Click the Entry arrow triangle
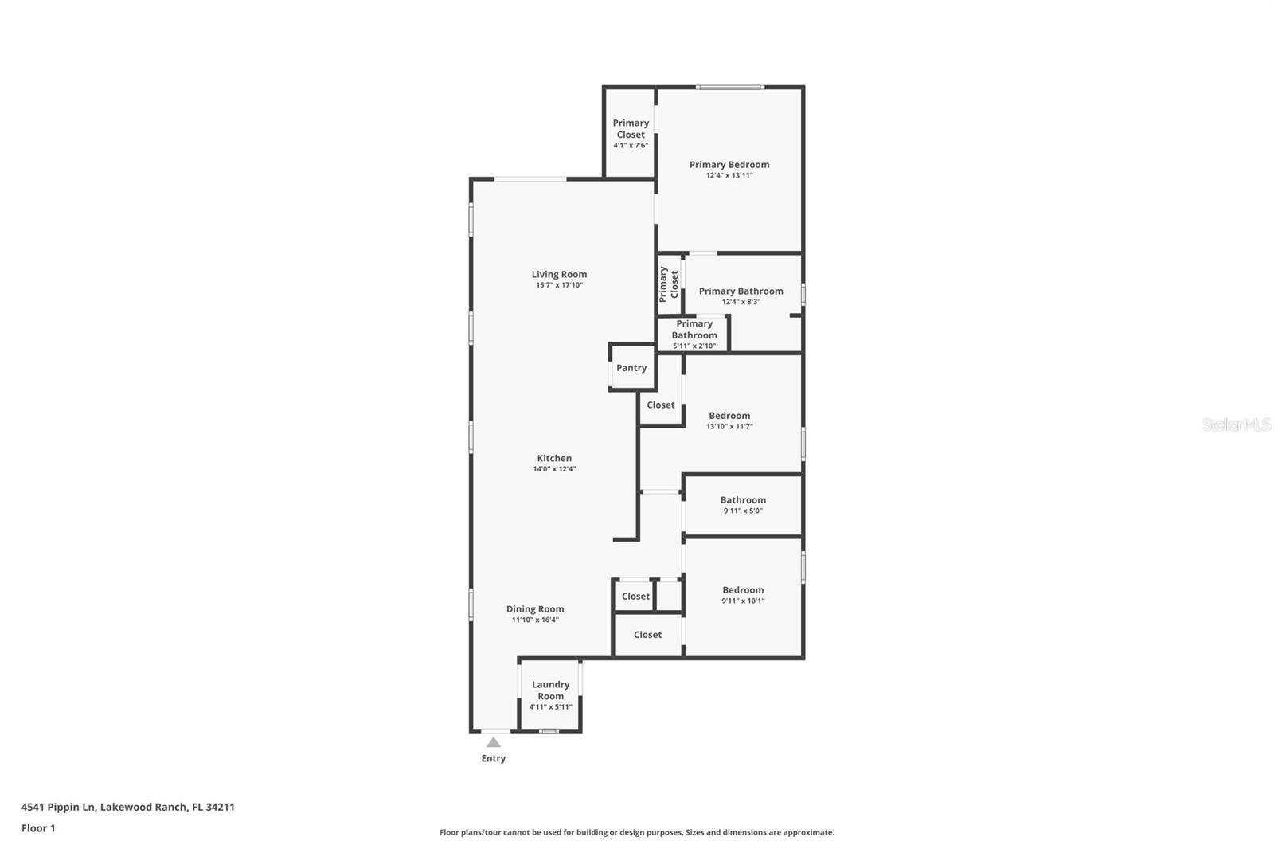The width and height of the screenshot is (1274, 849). tap(494, 742)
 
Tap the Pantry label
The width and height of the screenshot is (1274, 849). tap(631, 368)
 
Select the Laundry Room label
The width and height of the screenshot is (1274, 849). tap(550, 690)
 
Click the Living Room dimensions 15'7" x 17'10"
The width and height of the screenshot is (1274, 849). tap(559, 285)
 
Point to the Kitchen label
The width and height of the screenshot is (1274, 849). tap(554, 458)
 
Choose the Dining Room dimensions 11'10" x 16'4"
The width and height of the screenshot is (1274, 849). tap(534, 620)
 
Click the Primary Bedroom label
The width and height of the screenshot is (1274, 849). tap(729, 165)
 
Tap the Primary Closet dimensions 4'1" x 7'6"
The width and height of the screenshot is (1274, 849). tap(631, 146)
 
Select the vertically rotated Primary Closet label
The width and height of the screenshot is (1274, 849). tap(669, 284)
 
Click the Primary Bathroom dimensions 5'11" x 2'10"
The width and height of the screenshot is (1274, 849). tap(694, 346)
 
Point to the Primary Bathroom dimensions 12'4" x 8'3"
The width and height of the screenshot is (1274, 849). tap(741, 302)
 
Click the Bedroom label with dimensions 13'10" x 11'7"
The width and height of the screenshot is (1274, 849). tap(729, 416)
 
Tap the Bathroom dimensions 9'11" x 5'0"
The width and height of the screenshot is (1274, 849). tap(743, 511)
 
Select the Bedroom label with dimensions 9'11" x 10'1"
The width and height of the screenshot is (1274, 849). tap(743, 590)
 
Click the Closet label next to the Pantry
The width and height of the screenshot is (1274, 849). tap(661, 405)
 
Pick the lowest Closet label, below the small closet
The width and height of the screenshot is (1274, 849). tap(647, 635)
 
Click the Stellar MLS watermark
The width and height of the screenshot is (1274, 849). tap(1237, 424)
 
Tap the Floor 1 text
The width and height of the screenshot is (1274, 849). tap(38, 828)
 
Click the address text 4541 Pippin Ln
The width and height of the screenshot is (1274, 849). tap(127, 807)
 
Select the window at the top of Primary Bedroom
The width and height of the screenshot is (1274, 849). tap(730, 87)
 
